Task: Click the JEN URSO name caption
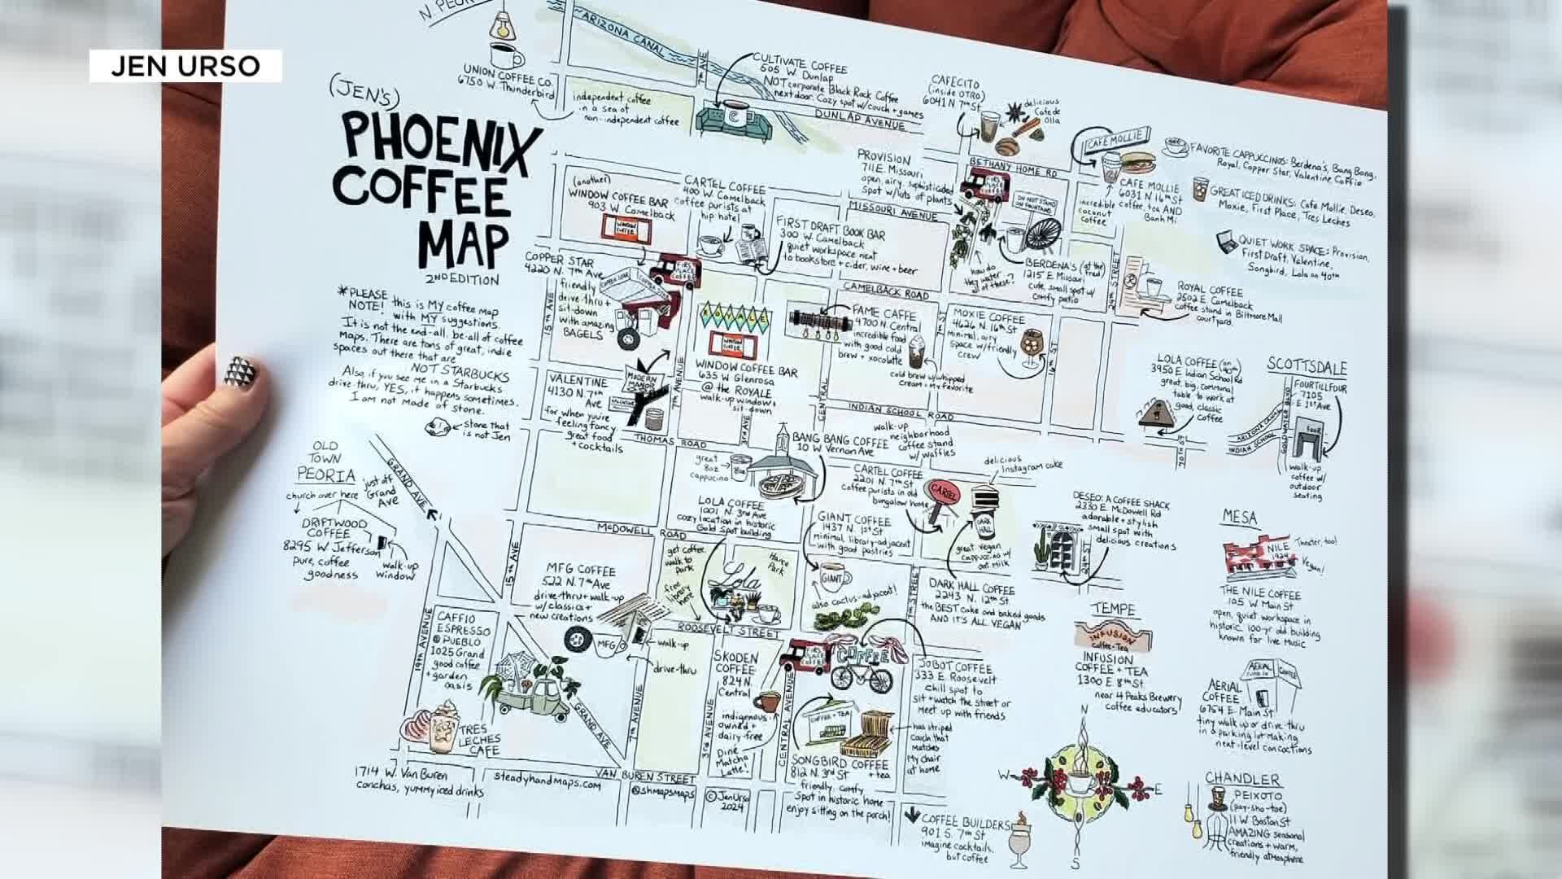point(185,66)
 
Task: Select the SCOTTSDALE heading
point(1307,367)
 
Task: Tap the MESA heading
point(1239,518)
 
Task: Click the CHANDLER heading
point(1242,779)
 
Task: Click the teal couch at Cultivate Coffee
point(730,122)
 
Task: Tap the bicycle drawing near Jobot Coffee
point(861,676)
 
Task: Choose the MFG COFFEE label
point(580,571)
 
